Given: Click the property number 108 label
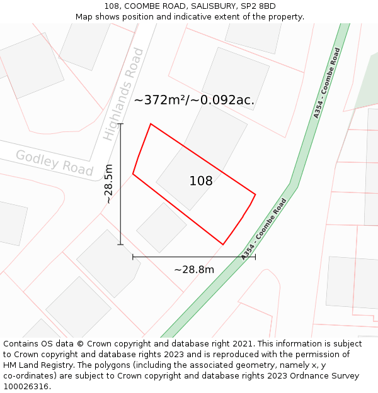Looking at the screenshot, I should (201, 181).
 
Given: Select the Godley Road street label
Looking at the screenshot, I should (54, 162).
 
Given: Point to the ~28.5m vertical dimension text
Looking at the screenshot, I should (109, 184).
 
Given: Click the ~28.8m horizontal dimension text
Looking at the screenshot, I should (194, 270).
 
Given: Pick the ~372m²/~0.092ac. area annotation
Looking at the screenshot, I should (194, 100).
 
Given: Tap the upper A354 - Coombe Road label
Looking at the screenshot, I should (327, 83).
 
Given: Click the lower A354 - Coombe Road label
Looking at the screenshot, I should (264, 229).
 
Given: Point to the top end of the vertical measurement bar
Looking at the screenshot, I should (120, 124).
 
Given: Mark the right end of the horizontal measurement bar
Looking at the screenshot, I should (255, 257).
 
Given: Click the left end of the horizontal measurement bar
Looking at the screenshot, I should (133, 257).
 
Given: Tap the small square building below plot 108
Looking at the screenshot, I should (161, 227).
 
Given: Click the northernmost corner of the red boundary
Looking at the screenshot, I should (151, 124).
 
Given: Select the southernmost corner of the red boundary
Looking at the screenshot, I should (223, 244).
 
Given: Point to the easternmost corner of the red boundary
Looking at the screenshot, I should (255, 194).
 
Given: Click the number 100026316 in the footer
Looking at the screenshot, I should (25, 387).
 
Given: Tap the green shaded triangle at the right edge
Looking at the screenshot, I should (369, 85).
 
